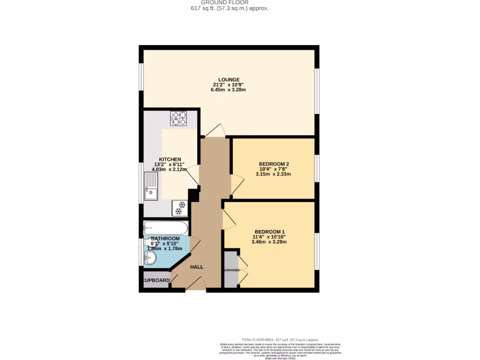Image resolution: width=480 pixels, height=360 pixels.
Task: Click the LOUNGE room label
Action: [x=228, y=79]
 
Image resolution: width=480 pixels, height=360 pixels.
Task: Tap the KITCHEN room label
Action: [x=170, y=159]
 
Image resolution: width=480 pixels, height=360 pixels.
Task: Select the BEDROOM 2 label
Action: [x=274, y=164]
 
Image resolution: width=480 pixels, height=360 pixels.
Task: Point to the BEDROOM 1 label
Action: [x=270, y=232]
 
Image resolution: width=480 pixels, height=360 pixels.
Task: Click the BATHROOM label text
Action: [x=165, y=239]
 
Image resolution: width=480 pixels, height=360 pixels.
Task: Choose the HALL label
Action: [x=197, y=267]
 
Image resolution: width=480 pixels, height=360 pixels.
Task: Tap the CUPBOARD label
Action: [x=156, y=280]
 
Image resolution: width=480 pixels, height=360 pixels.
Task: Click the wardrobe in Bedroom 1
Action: [x=231, y=270]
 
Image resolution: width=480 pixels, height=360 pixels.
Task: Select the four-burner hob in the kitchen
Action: [x=178, y=118]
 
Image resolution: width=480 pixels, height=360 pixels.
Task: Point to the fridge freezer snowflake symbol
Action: [x=179, y=208]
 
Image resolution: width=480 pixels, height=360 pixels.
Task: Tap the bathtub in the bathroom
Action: [x=165, y=228]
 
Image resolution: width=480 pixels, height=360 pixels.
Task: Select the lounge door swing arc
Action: [x=214, y=131]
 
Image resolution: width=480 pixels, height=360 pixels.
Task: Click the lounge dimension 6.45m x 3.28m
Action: [x=228, y=90]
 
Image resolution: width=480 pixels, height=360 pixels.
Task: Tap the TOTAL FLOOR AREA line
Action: [x=280, y=340]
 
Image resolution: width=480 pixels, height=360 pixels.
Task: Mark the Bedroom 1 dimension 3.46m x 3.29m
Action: [x=269, y=242]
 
